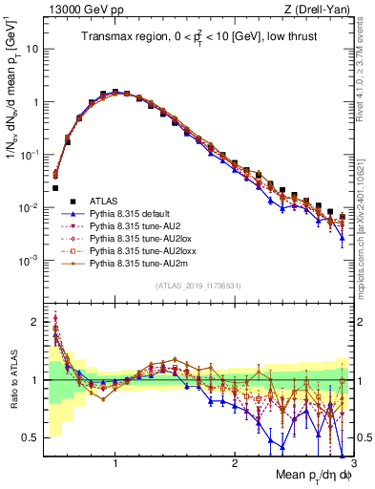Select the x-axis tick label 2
pos(234,463)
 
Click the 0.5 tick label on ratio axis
pos(31,437)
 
